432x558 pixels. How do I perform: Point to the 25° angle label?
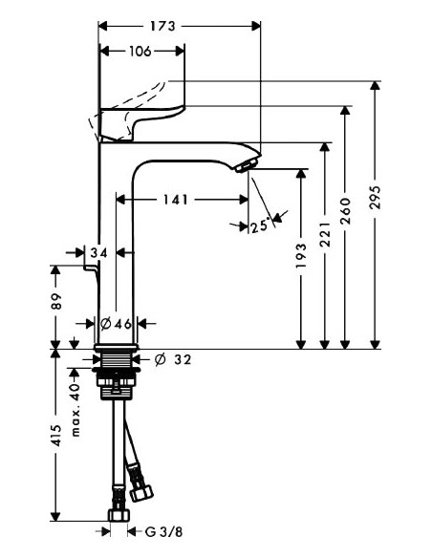(x=259, y=226)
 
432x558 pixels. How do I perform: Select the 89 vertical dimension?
(x=56, y=303)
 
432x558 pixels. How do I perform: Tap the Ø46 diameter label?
(x=117, y=322)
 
